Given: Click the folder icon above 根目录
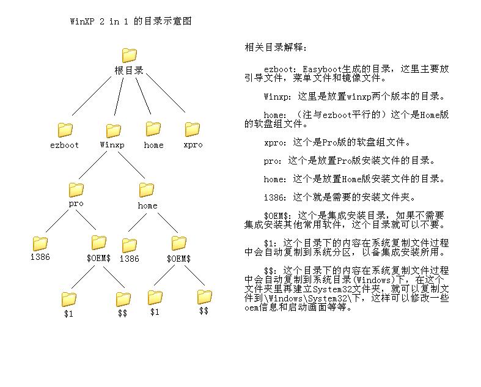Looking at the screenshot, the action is pos(129,55).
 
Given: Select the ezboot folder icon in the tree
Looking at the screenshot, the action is pos(65,130).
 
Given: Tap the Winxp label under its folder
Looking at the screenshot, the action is pos(112,144).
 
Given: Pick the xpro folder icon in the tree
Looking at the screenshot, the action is pos(193,129).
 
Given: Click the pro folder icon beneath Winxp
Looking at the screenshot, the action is pos(76,190).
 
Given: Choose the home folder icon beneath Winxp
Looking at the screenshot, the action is pos(146,190).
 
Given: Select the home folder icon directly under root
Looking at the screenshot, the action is pos(153,128).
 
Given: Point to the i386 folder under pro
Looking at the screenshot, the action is pos(40,244).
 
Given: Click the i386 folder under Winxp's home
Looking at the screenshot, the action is pos(129,246).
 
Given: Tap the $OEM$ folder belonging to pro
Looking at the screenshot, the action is pos(99,243).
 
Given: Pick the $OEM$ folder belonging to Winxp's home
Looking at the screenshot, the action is pos(179,243).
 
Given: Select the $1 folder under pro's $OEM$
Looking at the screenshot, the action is pos(68,299).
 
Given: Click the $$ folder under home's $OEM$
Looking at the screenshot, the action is pos(204,297).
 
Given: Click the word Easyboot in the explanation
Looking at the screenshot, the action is pos(322,69).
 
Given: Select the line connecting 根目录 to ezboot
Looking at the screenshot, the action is pos(92,96).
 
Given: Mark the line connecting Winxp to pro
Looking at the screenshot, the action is pos(93,165).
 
